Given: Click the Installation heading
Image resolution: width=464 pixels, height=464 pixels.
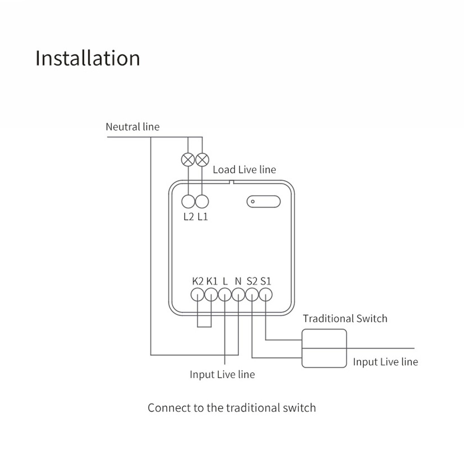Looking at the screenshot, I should click(87, 58).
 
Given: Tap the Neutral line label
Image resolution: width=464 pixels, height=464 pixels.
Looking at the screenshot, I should click(132, 126).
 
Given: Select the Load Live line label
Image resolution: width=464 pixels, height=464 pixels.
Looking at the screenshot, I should click(244, 170).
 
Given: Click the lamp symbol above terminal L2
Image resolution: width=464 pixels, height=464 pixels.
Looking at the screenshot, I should click(188, 159).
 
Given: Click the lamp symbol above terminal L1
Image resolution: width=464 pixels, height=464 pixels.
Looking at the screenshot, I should click(202, 159).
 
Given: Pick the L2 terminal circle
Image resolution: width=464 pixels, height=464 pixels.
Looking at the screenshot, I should click(188, 201).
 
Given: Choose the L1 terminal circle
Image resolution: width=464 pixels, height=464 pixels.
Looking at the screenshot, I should click(202, 201).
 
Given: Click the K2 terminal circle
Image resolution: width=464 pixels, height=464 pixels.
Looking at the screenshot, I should click(197, 295).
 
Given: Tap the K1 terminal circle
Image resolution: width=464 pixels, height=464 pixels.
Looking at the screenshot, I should click(211, 295).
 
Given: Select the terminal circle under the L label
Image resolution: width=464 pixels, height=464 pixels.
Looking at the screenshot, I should click(225, 295).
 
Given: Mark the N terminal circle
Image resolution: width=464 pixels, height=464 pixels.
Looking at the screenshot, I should click(238, 295).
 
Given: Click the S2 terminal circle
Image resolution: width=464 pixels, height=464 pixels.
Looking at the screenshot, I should click(252, 295).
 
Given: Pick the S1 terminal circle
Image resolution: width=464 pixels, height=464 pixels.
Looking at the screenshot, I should click(266, 295).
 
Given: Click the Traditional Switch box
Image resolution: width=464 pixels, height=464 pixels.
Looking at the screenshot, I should click(324, 348).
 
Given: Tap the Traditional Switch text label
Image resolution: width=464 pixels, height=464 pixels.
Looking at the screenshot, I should click(345, 319).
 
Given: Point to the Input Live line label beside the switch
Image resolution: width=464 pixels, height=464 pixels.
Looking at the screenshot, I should click(385, 362).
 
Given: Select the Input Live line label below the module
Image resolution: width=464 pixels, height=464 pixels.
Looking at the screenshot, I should click(222, 375).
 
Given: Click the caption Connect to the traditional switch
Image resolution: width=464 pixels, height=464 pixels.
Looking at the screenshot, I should click(232, 407).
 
